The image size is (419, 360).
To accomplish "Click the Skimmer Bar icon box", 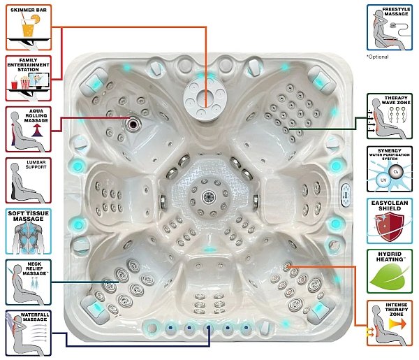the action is (29, 27).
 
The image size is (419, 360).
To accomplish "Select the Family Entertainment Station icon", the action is (29, 78).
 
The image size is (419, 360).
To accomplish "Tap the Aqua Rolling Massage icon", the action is (29, 129).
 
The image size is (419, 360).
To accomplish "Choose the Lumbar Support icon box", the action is (29, 180).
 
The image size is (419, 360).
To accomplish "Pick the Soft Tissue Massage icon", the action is (29, 231).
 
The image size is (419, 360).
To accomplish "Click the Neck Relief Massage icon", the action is (29, 282).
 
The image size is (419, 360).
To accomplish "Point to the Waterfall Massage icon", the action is (29, 333).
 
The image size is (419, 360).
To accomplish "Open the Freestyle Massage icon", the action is (390, 27).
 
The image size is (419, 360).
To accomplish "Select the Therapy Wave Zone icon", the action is (390, 116).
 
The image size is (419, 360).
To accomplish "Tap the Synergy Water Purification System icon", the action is (390, 169).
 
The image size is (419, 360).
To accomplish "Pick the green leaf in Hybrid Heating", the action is (390, 276).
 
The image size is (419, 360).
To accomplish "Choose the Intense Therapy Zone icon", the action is (390, 323).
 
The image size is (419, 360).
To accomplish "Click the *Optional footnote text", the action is (377, 57).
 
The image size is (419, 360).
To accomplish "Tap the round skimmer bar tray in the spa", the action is (205, 97).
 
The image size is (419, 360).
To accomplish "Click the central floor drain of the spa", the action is (209, 197).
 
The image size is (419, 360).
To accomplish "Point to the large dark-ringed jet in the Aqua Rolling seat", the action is (133, 124).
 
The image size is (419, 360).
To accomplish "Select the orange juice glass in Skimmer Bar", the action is (28, 28).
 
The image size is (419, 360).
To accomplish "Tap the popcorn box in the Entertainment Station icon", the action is (25, 82).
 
